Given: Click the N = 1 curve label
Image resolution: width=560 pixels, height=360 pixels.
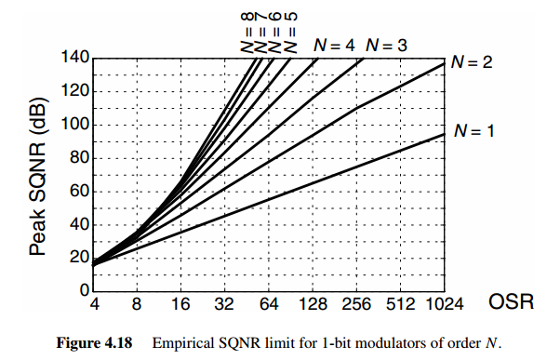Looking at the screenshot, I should tap(473, 131).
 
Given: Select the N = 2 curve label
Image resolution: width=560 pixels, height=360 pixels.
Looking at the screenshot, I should tap(473, 63).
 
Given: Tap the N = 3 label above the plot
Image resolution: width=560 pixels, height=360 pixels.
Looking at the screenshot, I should tap(387, 44).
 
